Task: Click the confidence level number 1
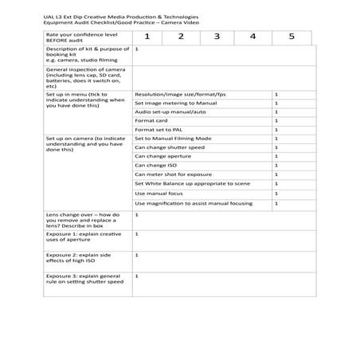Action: point(147,37)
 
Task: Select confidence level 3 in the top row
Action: point(217,37)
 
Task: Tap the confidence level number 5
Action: point(292,37)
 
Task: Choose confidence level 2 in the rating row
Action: point(181,37)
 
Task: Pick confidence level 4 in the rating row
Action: point(252,37)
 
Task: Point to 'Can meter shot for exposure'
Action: point(173,174)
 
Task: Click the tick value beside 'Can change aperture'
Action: point(276,157)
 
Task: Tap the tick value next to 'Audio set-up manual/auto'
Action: point(276,112)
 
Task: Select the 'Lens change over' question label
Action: point(83,220)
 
